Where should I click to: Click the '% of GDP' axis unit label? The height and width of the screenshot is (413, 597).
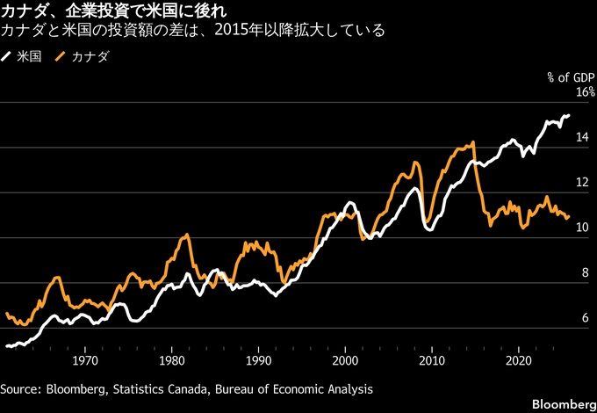click(x=572, y=77)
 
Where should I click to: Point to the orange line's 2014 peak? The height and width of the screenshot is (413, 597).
click(x=473, y=142)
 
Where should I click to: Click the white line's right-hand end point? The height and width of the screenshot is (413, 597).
click(x=569, y=115)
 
